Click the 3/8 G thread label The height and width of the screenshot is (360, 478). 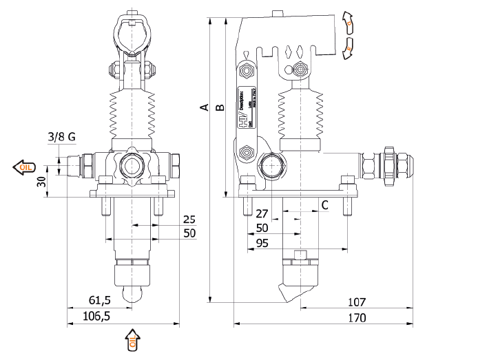tap(62, 136)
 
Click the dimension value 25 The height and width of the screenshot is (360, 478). tap(189, 220)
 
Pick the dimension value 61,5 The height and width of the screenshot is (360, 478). tap(101, 301)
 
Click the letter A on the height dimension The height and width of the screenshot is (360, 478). tap(203, 107)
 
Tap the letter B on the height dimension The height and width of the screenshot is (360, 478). tap(220, 107)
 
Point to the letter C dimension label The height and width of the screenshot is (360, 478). tap(324, 204)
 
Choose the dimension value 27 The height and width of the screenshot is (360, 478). tap(262, 213)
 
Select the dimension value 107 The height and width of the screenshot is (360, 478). tap(357, 302)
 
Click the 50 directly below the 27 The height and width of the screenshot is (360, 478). tap(262, 228)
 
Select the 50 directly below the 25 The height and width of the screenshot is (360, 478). tap(189, 234)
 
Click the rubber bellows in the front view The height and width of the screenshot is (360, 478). tap(132, 114)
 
